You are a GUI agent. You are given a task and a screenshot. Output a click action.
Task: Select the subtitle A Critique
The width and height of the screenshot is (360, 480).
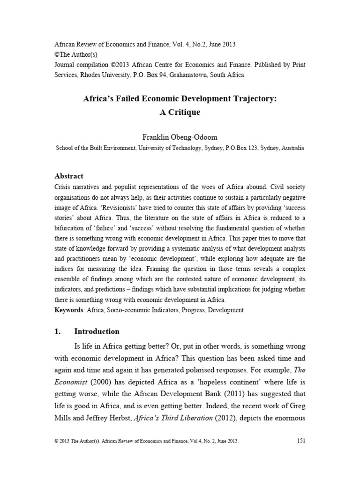tap(180, 113)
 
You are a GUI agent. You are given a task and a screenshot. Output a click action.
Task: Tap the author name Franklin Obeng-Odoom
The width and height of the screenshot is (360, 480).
tap(180, 138)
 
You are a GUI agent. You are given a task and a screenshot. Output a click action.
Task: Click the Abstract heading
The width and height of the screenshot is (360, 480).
tap(69, 176)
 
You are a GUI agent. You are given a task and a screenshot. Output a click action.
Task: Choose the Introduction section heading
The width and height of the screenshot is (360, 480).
tap(97, 331)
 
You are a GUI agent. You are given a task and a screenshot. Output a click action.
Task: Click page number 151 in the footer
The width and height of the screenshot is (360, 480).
tap(301, 440)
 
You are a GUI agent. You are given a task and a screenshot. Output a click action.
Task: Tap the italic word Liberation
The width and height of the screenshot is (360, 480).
tap(193, 416)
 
